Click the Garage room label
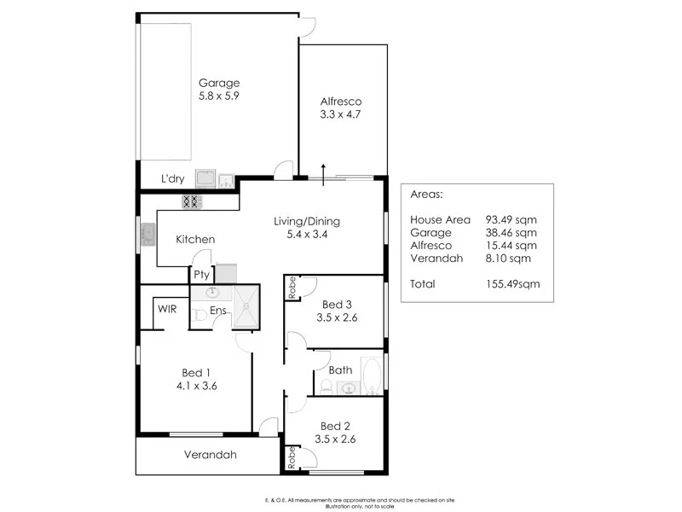point(219,83)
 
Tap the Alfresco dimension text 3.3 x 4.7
point(341,113)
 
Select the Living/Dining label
point(306,222)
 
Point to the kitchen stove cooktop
point(192,202)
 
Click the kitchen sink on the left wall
point(147,234)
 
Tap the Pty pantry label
point(201,275)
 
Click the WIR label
point(166,309)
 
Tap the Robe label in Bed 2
point(292,457)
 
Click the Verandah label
point(210,455)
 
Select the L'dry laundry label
point(173,179)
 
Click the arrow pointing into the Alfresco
point(324,168)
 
